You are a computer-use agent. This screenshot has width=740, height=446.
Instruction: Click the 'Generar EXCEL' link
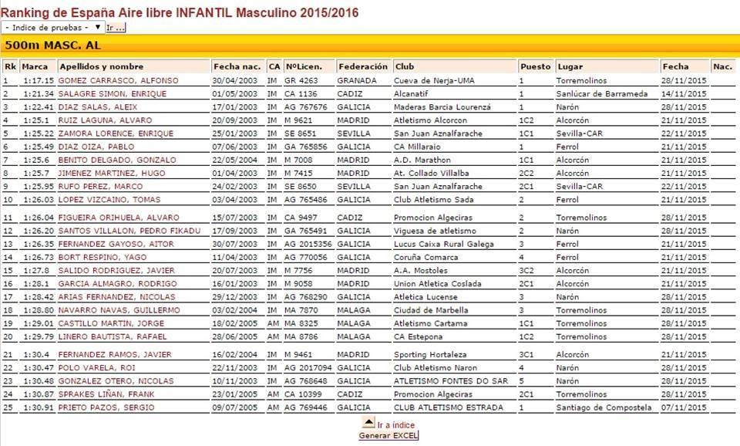[388, 436]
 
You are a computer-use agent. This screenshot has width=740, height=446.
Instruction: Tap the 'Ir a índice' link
[395, 425]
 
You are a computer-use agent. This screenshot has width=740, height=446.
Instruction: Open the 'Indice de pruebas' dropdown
[53, 28]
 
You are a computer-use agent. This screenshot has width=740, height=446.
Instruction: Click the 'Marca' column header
[35, 66]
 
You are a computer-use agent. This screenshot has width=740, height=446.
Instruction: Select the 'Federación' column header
[363, 66]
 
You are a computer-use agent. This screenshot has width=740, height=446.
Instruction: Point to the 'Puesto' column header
[535, 66]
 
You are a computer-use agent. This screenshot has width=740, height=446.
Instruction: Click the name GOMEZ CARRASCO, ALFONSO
[118, 80]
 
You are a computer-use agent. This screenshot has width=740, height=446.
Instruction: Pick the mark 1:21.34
[38, 94]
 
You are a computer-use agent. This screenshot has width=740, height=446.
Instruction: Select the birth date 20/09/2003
[235, 120]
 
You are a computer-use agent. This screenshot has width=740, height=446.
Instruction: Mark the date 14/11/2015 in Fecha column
[684, 94]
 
